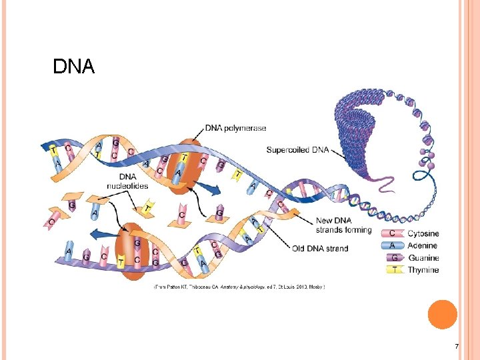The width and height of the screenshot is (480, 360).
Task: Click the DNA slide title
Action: pyautogui.click(x=74, y=67)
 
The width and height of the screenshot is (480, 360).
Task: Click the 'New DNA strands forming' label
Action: pyautogui.click(x=344, y=225)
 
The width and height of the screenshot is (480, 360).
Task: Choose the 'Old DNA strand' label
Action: pyautogui.click(x=320, y=249)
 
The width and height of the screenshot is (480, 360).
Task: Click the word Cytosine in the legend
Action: pyautogui.click(x=423, y=234)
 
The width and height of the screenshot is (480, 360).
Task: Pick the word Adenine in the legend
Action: pyautogui.click(x=423, y=246)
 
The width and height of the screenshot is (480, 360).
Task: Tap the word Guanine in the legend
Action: pyautogui.click(x=423, y=258)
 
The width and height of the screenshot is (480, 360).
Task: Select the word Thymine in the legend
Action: pyautogui.click(x=423, y=270)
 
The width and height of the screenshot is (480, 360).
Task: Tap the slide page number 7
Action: pyautogui.click(x=456, y=346)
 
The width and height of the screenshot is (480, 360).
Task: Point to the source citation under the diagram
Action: pyautogui.click(x=239, y=287)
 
